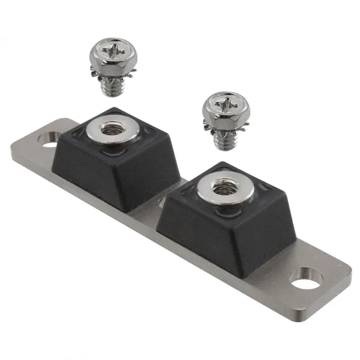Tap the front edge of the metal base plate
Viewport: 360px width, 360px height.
169,236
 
